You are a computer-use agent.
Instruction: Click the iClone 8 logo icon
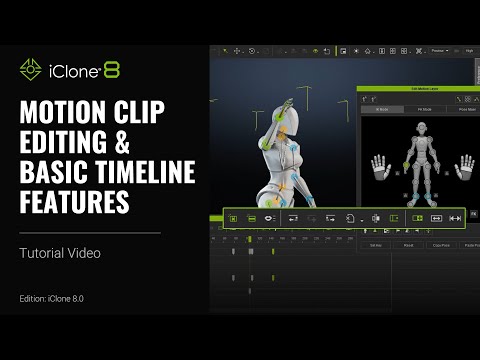pyautogui.click(x=30, y=71)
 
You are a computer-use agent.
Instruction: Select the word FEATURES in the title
pyautogui.click(x=74, y=202)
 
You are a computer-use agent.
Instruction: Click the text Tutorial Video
pyautogui.click(x=59, y=253)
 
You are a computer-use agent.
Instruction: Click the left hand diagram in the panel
pyautogui.click(x=381, y=166)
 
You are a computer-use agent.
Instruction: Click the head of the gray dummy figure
pyautogui.click(x=421, y=128)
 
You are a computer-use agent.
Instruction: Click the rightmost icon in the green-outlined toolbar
pyautogui.click(x=455, y=217)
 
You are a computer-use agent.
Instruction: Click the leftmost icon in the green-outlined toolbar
pyautogui.click(x=233, y=217)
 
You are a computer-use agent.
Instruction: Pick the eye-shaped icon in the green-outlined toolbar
pyautogui.click(x=270, y=217)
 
